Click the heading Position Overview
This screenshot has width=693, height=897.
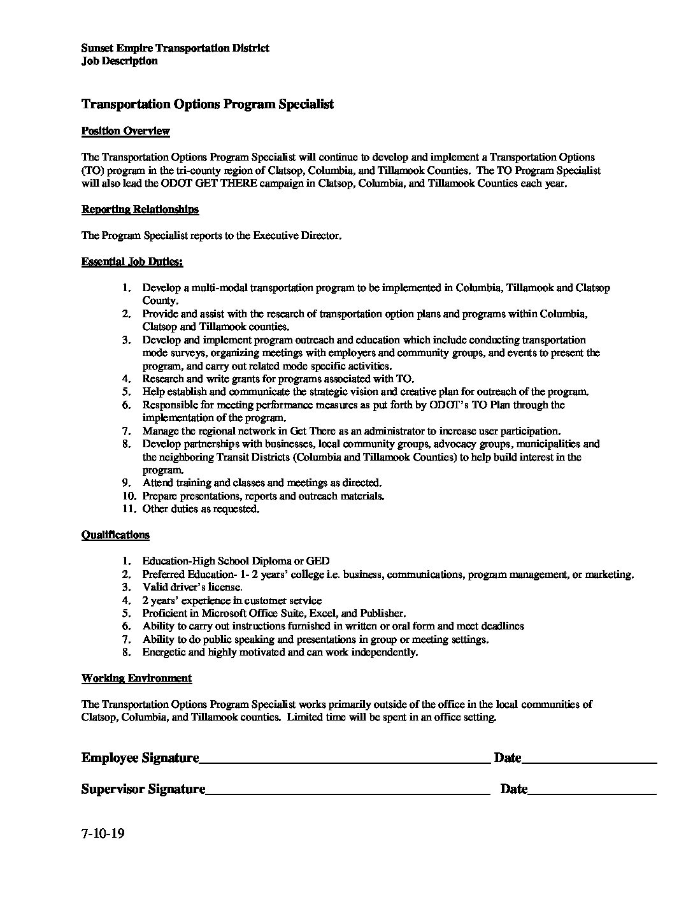[125, 131]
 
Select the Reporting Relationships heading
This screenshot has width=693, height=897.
[140, 209]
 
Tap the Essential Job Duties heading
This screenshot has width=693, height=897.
[132, 261]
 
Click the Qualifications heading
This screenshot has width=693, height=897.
[115, 535]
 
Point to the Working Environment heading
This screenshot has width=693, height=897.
[136, 678]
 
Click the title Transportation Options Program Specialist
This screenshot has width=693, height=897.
[208, 104]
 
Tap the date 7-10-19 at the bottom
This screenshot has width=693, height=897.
[103, 833]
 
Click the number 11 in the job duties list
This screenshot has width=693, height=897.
[127, 509]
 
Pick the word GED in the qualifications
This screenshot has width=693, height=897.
[318, 561]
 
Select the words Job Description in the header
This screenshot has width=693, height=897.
[119, 61]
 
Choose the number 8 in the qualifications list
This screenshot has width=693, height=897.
[127, 652]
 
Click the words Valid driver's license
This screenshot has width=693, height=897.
[192, 587]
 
